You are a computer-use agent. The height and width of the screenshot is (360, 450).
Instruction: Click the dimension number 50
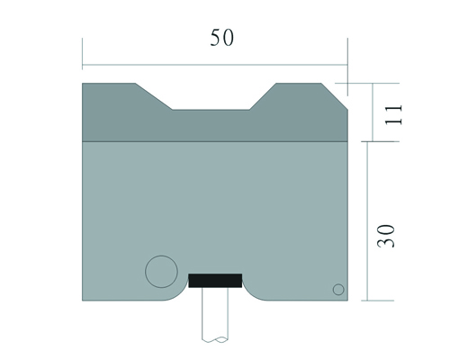[x=221, y=38]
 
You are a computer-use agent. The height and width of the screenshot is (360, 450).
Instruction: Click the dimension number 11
[x=393, y=115]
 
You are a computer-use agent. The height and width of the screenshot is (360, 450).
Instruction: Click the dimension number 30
[x=386, y=236]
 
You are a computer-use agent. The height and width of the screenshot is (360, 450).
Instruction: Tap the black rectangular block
[x=215, y=281]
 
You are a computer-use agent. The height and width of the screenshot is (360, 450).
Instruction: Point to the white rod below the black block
[x=215, y=314]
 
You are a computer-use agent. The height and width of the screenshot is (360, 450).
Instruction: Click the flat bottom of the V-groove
[x=211, y=110]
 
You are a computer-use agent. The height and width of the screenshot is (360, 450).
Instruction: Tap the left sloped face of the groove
[x=154, y=96]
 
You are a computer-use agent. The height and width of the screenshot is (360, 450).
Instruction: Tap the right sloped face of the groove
[x=263, y=96]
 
